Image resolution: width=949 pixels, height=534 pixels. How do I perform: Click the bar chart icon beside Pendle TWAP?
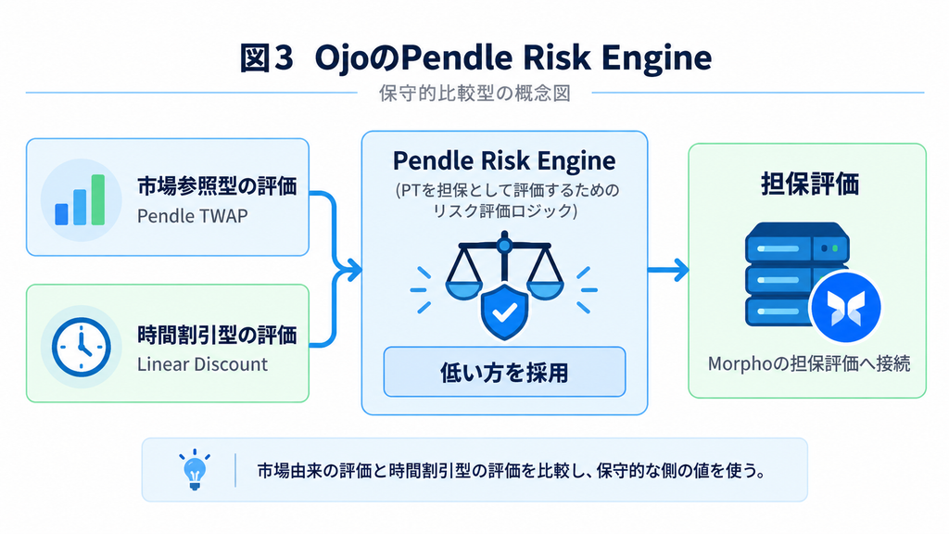coord(80,200)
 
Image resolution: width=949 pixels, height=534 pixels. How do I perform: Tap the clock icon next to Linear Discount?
coord(82,347)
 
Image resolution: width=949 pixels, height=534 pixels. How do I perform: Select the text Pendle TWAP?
coord(193,216)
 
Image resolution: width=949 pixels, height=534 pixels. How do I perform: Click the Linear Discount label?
coord(202,363)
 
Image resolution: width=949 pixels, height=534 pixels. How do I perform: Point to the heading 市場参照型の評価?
coord(217,185)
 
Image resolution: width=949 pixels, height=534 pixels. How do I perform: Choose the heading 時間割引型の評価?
coord(217,334)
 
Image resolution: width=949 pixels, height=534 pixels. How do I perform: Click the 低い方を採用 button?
coord(504,372)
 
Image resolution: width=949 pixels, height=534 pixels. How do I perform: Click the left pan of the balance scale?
coord(464,289)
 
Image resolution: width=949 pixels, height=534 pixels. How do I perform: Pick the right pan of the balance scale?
coord(545,289)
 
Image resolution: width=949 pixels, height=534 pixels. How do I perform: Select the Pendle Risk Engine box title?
coord(504,161)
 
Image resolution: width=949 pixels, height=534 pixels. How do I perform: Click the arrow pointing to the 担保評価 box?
coord(668,270)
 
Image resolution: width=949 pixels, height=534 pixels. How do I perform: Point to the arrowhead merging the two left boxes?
coord(352,270)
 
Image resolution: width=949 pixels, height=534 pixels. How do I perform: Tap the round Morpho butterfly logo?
coord(845,307)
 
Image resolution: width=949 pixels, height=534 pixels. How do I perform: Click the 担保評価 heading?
coord(810,184)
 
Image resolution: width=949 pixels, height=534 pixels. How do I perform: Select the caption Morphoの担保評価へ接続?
coord(809,363)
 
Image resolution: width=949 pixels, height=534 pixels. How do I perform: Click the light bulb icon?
coord(195,469)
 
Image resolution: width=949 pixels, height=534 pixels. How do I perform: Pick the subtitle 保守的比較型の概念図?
coord(475,94)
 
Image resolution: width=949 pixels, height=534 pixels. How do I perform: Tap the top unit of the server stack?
coord(797,243)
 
